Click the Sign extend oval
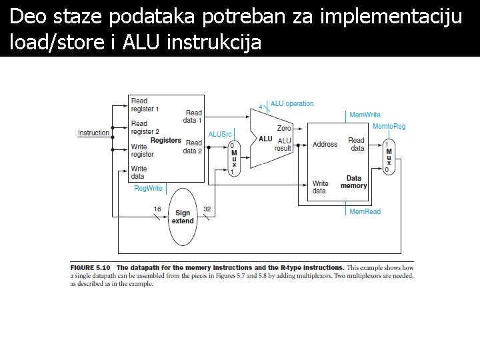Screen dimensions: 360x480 click(183, 216)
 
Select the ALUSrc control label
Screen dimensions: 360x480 click(220, 134)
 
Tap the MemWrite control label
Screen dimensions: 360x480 click(365, 115)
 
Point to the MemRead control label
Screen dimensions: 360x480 click(365, 212)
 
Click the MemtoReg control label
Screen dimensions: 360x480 click(389, 127)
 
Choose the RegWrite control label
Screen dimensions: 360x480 click(148, 189)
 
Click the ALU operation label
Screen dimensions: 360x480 click(292, 104)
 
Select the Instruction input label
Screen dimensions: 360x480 click(93, 133)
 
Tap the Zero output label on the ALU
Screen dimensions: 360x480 click(284, 127)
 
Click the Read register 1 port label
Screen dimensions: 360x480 click(145, 105)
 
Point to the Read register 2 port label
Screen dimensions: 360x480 click(145, 127)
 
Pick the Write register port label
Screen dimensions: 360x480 click(143, 150)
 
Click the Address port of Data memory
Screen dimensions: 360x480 click(325, 144)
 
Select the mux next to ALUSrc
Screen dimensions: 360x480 click(233, 158)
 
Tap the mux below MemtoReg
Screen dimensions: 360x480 click(389, 156)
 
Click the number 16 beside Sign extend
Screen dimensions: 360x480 click(157, 209)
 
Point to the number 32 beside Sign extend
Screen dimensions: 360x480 click(207, 209)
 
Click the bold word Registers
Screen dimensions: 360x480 click(166, 140)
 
